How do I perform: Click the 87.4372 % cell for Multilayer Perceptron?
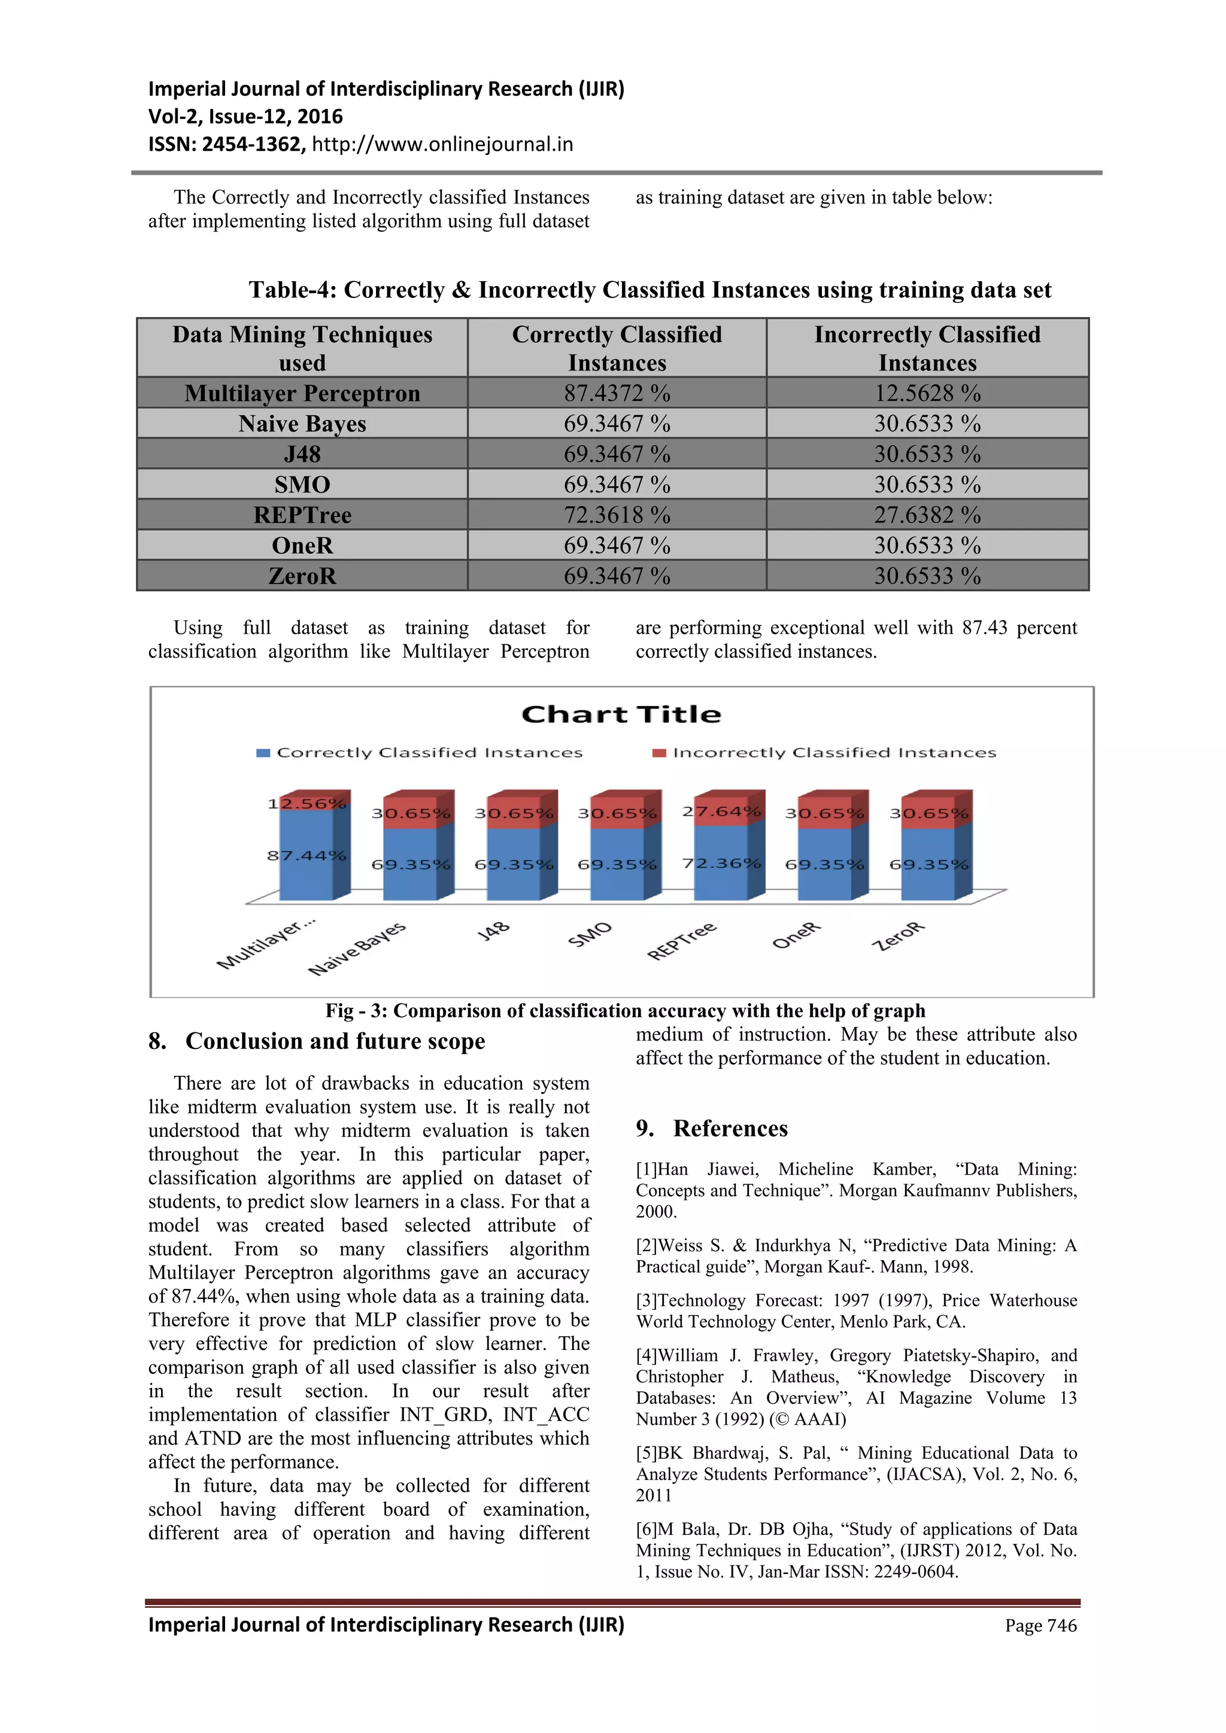point(617,393)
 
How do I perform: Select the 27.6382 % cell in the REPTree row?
point(927,515)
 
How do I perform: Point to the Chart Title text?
point(621,714)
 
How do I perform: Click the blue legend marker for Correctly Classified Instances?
point(263,753)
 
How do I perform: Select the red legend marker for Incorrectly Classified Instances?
point(659,753)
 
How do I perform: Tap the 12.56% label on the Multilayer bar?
point(307,803)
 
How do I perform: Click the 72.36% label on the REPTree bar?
point(722,863)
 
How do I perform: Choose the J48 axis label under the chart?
point(494,931)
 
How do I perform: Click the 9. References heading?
point(712,1129)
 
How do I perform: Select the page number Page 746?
point(1040,1626)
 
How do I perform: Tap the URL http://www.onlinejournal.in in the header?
point(442,144)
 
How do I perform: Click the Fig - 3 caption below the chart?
point(625,1011)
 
